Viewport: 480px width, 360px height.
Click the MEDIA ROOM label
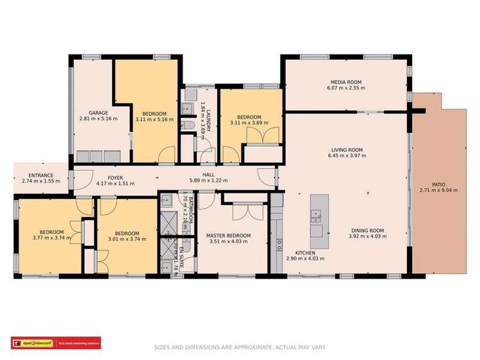click(346, 82)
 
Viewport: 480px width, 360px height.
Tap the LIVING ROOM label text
click(346, 150)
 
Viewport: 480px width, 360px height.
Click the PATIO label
click(438, 184)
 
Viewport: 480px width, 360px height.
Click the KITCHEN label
click(304, 253)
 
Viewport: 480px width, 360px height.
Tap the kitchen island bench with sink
click(316, 221)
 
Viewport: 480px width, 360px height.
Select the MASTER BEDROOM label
click(228, 236)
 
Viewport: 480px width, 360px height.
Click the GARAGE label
click(98, 113)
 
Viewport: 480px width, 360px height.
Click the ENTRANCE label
click(40, 175)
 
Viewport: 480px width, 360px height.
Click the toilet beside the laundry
click(185, 125)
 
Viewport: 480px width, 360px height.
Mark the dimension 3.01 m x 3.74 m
click(127, 238)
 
